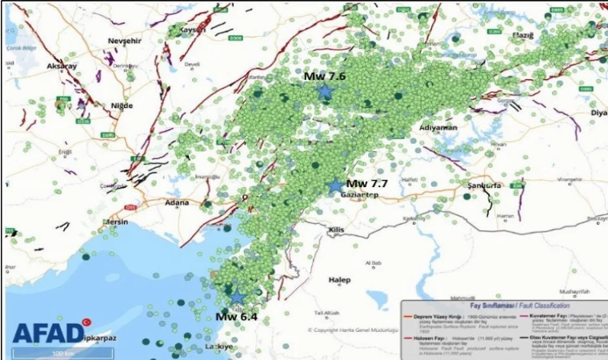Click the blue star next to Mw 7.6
324,92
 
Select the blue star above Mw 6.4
238,297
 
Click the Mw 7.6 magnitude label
325,76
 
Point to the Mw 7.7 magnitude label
367,183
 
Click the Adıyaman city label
438,127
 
